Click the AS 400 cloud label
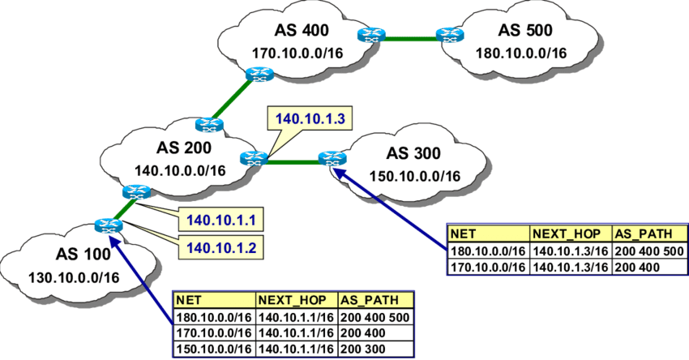(302, 30)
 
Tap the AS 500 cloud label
(525, 30)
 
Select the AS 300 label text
(413, 153)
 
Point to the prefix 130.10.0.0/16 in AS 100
(74, 277)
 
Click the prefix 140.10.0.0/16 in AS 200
(180, 170)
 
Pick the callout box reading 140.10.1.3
(310, 119)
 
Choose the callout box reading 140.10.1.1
(221, 220)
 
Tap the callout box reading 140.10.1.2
(221, 248)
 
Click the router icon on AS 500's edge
(450, 35)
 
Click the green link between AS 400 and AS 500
(411, 39)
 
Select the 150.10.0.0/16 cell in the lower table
(215, 349)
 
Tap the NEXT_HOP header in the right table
(571, 234)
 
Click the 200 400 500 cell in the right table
(649, 251)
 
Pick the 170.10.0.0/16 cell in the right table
(488, 267)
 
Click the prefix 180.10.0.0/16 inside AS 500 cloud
(521, 54)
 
